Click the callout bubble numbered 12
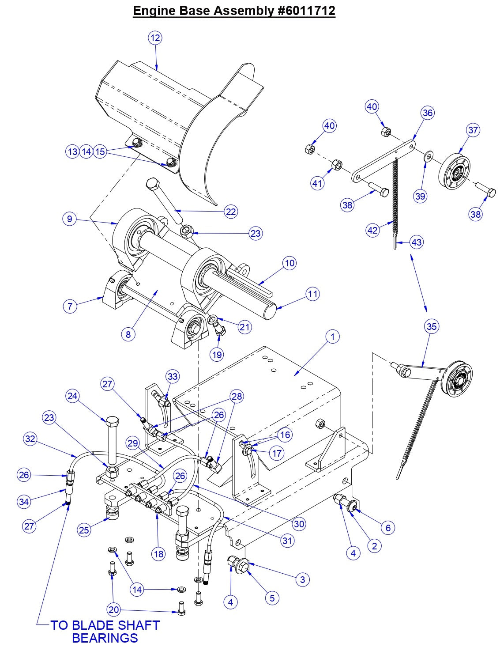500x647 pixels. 155,38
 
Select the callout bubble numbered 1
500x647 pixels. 332,337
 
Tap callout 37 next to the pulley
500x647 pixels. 473,130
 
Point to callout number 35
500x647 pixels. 431,326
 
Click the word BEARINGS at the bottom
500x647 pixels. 105,638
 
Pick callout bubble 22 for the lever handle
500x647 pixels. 231,212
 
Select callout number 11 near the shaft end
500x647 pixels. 312,294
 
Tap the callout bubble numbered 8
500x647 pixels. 128,334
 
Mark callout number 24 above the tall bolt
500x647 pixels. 72,396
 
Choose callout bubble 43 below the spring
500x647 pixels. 416,242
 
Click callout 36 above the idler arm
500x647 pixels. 427,113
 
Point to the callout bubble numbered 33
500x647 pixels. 173,377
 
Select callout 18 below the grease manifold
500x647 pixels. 159,554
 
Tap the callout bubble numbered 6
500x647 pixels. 387,527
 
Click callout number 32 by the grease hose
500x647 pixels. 30,439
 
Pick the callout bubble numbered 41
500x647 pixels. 317,183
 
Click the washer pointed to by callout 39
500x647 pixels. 427,157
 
